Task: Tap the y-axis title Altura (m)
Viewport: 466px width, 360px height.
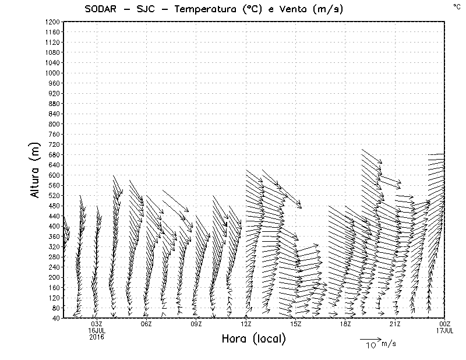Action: pos(36,169)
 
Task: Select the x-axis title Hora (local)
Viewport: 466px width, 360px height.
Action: pos(255,338)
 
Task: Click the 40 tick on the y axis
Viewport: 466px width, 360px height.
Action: pos(55,318)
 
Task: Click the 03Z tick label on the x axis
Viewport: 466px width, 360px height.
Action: pos(97,324)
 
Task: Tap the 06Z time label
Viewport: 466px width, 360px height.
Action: pos(146,324)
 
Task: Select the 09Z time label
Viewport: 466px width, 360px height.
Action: pos(196,324)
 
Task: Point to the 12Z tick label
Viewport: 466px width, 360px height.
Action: pos(246,324)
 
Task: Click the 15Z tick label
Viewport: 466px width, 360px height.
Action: pos(295,324)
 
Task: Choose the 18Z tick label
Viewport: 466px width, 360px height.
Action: pos(345,324)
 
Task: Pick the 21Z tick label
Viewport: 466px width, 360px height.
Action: pos(395,324)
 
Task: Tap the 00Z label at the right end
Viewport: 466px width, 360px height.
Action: pos(444,324)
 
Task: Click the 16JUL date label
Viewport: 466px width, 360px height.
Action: pos(97,330)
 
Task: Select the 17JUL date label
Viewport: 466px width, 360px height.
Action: pos(444,330)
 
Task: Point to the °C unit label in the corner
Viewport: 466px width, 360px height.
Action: pos(456,6)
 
